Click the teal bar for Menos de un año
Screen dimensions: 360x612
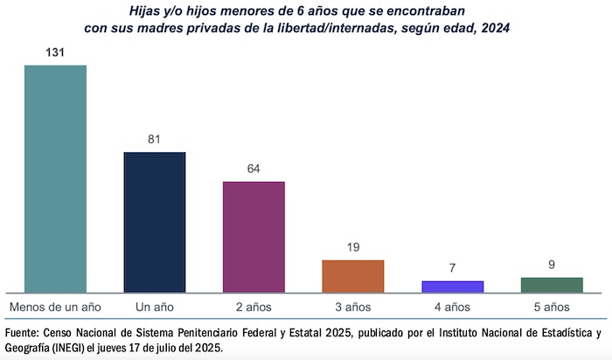[x=55, y=178]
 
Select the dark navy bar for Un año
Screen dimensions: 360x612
[x=155, y=222]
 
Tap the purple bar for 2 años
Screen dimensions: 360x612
[x=254, y=237]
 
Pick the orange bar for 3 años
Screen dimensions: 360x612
[x=353, y=276]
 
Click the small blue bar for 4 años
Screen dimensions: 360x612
[x=452, y=287]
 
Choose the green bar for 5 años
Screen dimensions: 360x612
[x=552, y=285]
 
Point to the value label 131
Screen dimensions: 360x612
[x=55, y=52]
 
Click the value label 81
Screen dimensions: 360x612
[x=155, y=139]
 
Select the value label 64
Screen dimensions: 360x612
[x=254, y=168]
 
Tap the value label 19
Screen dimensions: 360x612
[x=353, y=247]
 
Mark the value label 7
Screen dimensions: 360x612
[x=452, y=267]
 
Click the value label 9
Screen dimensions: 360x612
[x=552, y=264]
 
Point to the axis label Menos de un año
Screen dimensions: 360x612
[x=55, y=307]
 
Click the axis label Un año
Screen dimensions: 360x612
[x=155, y=307]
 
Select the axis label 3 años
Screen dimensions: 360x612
[x=353, y=307]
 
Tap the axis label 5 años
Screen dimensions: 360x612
[x=552, y=307]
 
